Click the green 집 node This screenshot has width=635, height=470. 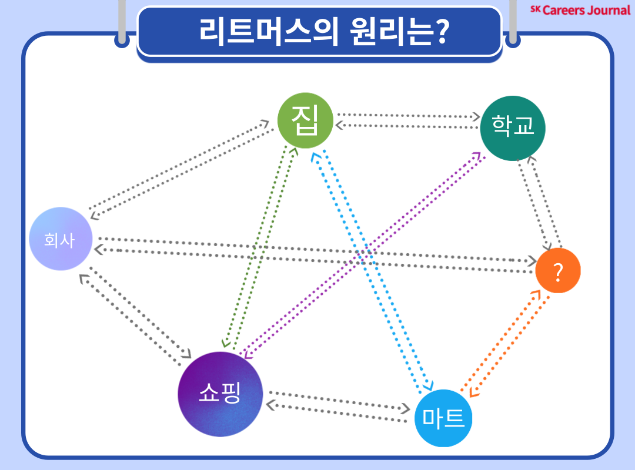coord(305,121)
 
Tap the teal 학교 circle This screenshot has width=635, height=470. coord(513,127)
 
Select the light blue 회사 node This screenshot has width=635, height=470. coord(61,239)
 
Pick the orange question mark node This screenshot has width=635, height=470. coord(558,271)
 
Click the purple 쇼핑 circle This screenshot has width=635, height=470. coord(219,394)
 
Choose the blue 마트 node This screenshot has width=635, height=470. coord(443,418)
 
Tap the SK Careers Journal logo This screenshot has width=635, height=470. coord(579,9)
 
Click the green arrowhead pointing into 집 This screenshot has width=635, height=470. coord(295,151)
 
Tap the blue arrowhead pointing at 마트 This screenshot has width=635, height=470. coord(428,385)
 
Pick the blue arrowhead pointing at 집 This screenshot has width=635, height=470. coord(316,155)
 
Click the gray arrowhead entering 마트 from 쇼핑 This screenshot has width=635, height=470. coord(406,408)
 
